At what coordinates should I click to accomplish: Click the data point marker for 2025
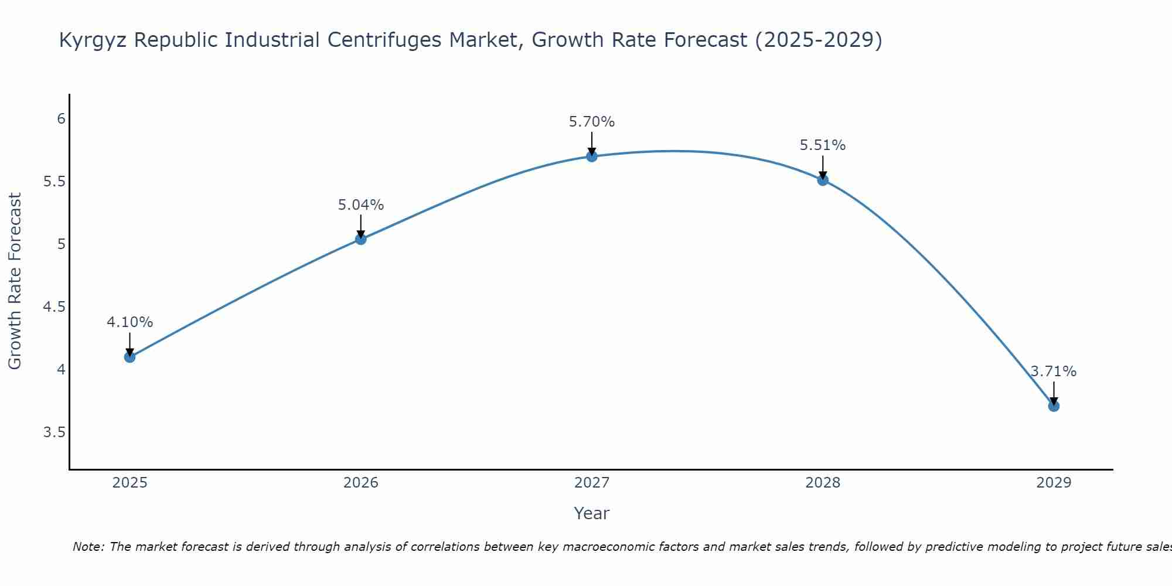[130, 357]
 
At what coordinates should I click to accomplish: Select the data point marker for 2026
[361, 239]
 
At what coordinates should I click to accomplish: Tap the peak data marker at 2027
[592, 156]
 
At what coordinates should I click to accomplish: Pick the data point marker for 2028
[823, 180]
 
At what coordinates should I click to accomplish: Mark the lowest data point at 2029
[1054, 406]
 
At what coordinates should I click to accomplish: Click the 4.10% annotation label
[130, 322]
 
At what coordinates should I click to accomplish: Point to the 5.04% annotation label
[361, 205]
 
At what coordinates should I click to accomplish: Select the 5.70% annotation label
[592, 122]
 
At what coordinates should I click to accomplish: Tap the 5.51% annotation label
[823, 145]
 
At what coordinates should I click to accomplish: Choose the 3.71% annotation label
[1054, 372]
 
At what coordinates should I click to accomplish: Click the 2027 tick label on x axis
[592, 483]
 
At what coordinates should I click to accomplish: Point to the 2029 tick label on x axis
[1054, 483]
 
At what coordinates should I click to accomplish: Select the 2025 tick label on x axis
[130, 483]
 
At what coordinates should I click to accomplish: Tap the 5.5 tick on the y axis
[54, 182]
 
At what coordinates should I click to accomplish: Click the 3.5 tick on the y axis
[54, 432]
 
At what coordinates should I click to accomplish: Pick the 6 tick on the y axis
[61, 119]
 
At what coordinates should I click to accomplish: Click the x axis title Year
[592, 513]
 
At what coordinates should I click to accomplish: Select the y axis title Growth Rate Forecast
[15, 281]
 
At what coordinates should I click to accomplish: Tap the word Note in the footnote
[88, 547]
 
